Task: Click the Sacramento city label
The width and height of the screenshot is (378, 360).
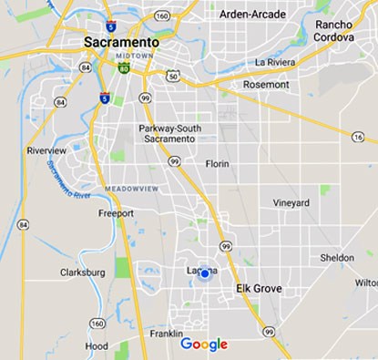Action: click(120, 43)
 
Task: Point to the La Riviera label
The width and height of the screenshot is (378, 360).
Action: click(274, 62)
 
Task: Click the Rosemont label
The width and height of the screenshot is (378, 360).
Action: click(267, 84)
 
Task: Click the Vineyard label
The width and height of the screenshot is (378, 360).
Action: click(291, 202)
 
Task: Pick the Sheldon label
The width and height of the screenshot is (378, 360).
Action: click(337, 258)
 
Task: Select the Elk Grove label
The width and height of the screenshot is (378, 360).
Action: click(260, 289)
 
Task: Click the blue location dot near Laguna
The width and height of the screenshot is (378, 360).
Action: click(205, 273)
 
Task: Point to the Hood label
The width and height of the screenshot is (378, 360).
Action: click(97, 346)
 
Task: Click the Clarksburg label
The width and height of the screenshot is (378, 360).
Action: click(83, 272)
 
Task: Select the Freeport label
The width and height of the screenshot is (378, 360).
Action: click(116, 213)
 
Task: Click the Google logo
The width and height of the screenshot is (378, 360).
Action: click(204, 344)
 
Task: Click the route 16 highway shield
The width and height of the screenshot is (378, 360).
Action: click(358, 137)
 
